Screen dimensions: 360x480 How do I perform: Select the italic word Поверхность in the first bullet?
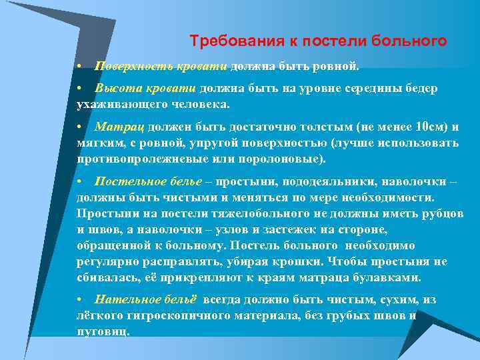point(128,67)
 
